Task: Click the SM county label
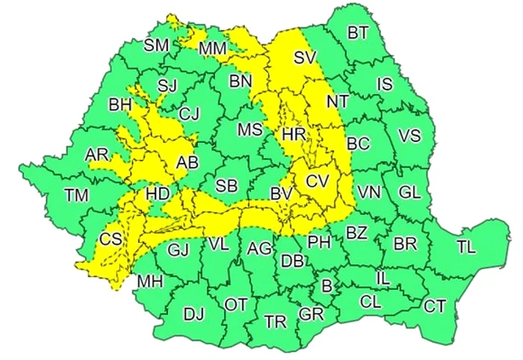pos(157,45)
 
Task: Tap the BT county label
pos(359,33)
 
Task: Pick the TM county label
pos(75,196)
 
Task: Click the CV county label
pos(317,180)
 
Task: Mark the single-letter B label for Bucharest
pos(326,285)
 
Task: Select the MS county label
pos(250,129)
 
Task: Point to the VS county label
pos(409,136)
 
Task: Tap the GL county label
pos(409,191)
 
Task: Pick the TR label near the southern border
pos(276,322)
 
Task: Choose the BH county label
pos(120,105)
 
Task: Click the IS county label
pos(384,84)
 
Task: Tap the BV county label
pos(281,194)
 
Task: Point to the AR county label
pos(97,154)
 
